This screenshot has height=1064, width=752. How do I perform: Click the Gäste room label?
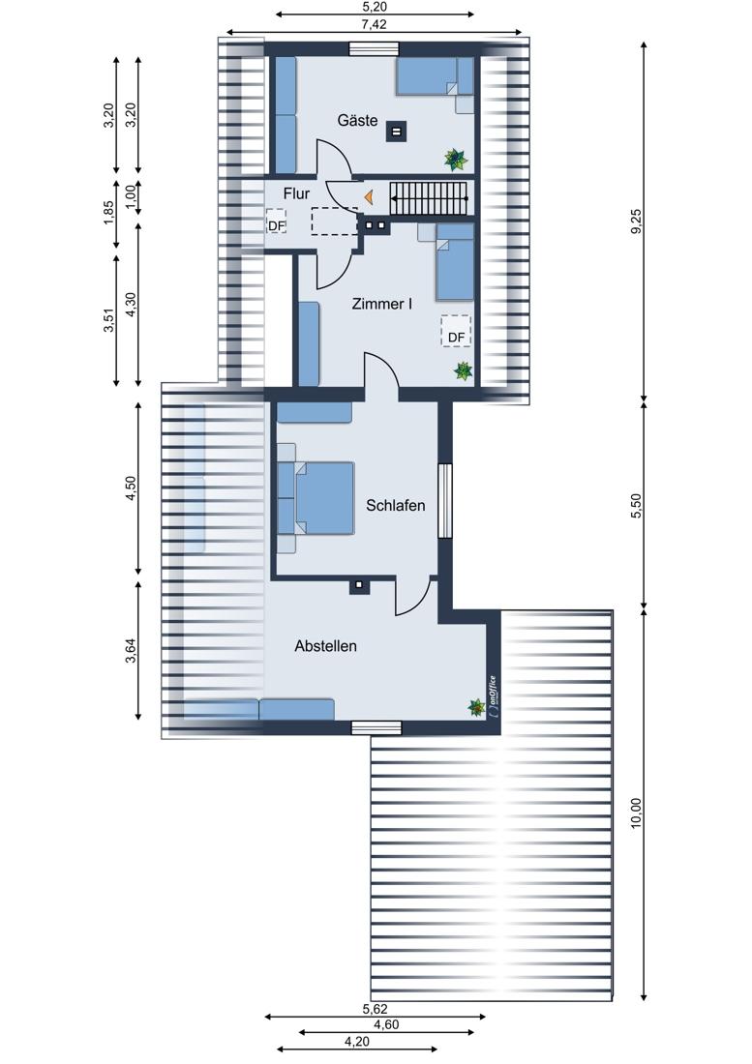pyautogui.click(x=358, y=121)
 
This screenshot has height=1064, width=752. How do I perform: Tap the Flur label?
pyautogui.click(x=296, y=194)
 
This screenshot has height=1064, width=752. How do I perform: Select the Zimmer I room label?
pyautogui.click(x=381, y=304)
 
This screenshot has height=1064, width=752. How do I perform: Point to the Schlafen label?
pyautogui.click(x=396, y=506)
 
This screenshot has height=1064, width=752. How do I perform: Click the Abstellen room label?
pyautogui.click(x=326, y=646)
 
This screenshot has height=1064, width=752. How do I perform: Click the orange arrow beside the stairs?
pyautogui.click(x=369, y=197)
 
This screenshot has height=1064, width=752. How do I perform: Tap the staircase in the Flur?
pyautogui.click(x=429, y=197)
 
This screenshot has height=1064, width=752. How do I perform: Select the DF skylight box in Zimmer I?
pyautogui.click(x=456, y=332)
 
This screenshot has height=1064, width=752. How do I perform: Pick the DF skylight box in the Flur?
pyautogui.click(x=276, y=222)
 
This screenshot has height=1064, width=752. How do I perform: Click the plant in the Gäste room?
pyautogui.click(x=456, y=161)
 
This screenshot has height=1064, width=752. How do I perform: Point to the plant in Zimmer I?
pyautogui.click(x=464, y=370)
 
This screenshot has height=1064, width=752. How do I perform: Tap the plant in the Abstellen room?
pyautogui.click(x=477, y=708)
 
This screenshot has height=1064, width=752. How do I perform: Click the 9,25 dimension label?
pyautogui.click(x=636, y=222)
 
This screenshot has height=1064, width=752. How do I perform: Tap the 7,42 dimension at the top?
pyautogui.click(x=374, y=24)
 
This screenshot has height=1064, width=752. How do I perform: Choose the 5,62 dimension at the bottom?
pyautogui.click(x=376, y=1009)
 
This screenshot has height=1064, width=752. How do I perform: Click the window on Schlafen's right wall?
pyautogui.click(x=444, y=500)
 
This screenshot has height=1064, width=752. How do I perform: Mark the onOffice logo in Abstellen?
pyautogui.click(x=493, y=696)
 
